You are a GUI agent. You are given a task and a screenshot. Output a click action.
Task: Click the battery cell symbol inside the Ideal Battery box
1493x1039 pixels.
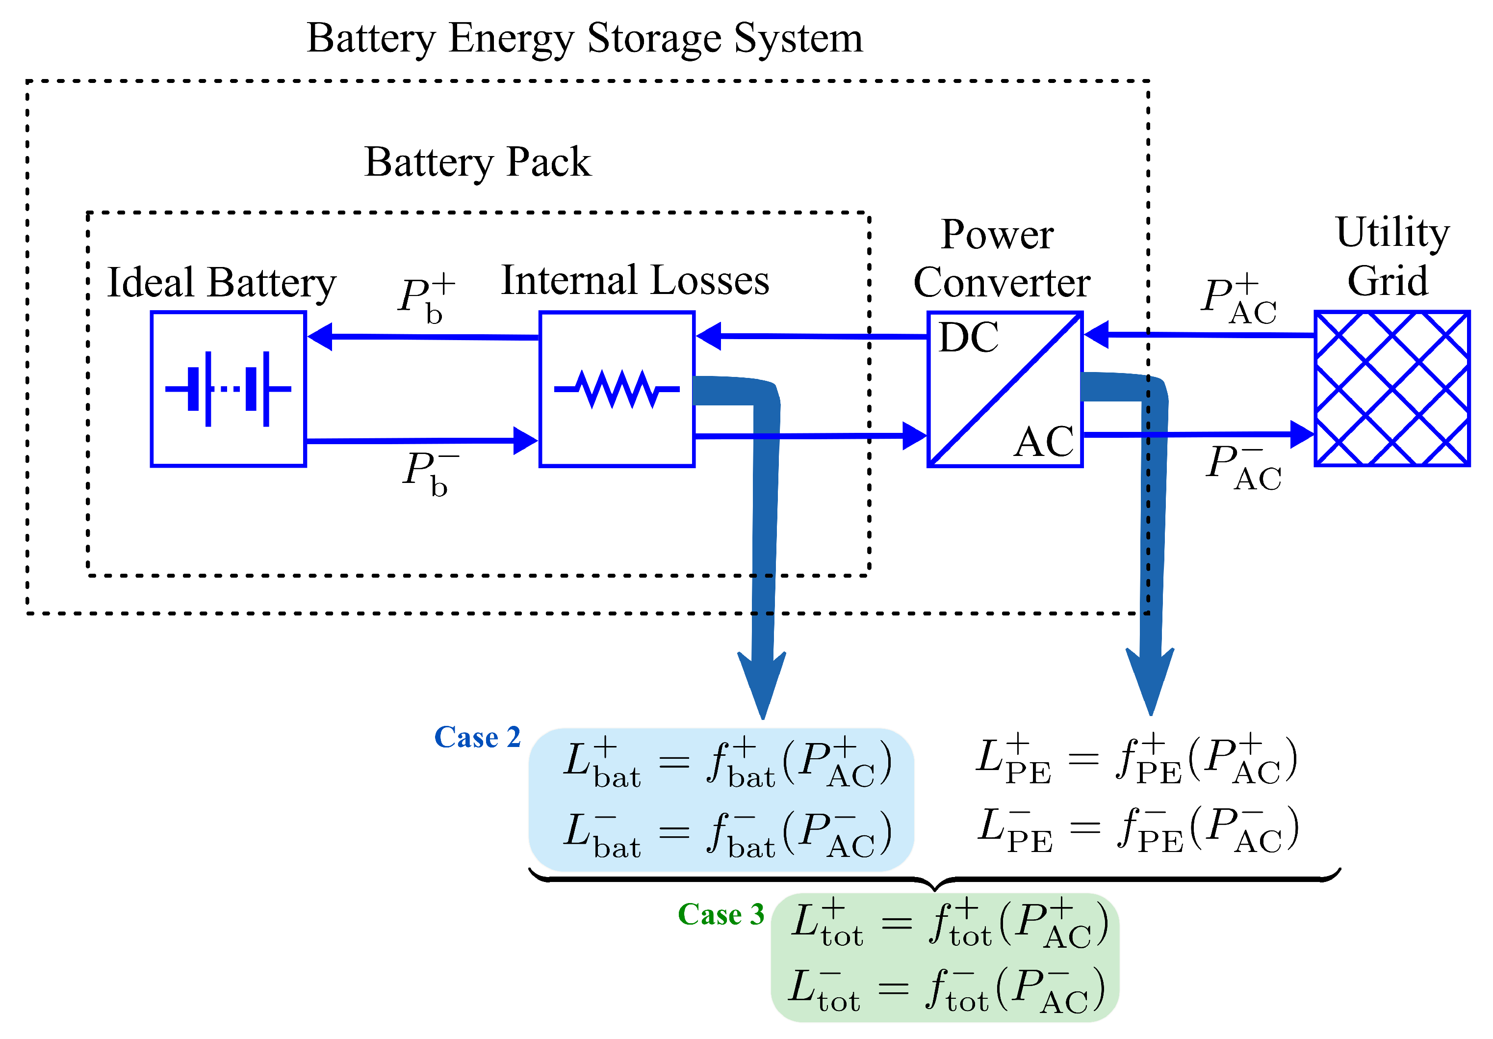(x=228, y=389)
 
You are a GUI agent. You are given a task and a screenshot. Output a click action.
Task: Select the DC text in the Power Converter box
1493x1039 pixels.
(x=968, y=338)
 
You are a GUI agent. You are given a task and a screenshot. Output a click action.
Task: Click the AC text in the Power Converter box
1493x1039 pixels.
(x=1044, y=442)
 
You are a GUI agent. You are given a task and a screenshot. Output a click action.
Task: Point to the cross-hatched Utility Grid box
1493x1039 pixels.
(x=1391, y=388)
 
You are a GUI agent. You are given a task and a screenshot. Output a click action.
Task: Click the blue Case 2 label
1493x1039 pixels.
(x=477, y=737)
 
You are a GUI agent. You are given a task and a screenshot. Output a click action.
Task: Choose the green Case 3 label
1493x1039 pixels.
(x=721, y=914)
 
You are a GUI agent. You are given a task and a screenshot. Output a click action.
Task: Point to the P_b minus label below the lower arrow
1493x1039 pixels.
(x=429, y=473)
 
